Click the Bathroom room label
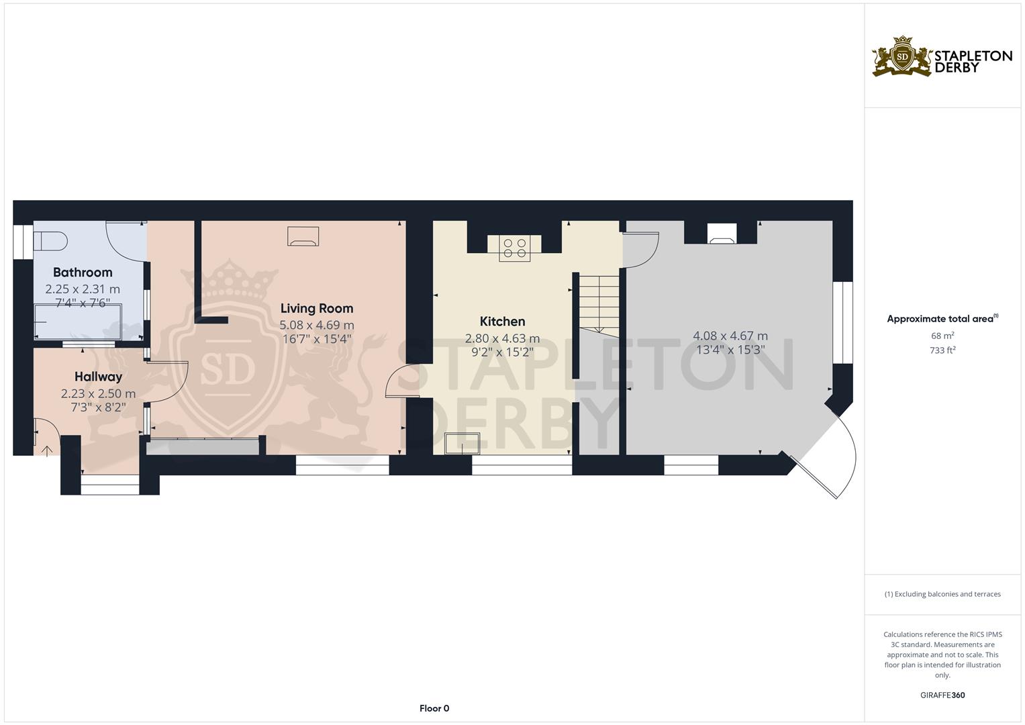pyautogui.click(x=83, y=272)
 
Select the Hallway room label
pyautogui.click(x=98, y=377)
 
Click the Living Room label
pyautogui.click(x=316, y=308)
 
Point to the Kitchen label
pyautogui.click(x=502, y=321)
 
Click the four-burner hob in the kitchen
pyautogui.click(x=514, y=248)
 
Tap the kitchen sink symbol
pyautogui.click(x=462, y=443)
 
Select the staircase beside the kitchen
pyautogui.click(x=599, y=302)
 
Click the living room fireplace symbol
pyautogui.click(x=303, y=236)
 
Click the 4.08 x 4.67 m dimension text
pyautogui.click(x=730, y=336)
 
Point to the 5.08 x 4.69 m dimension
pyautogui.click(x=317, y=325)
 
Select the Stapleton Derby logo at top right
pyautogui.click(x=941, y=56)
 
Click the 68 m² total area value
pyautogui.click(x=942, y=335)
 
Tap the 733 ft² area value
pyautogui.click(x=942, y=350)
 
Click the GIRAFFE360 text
pyautogui.click(x=942, y=695)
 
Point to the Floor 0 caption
pyautogui.click(x=434, y=708)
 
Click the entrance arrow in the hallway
pyautogui.click(x=48, y=450)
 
